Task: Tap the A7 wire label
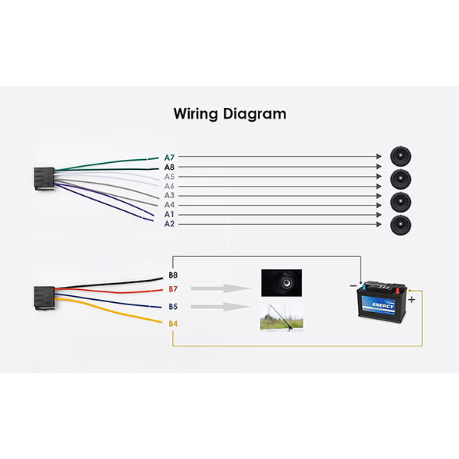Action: [x=169, y=156]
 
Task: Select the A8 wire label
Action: [x=169, y=166]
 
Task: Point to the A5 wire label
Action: [x=169, y=176]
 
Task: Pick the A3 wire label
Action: [x=169, y=195]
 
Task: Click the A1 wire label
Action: [x=169, y=214]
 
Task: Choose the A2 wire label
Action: [x=169, y=224]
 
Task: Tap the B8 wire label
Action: [x=173, y=274]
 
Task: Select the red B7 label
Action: [x=173, y=289]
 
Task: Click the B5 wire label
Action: [x=173, y=307]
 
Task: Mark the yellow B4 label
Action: [x=173, y=324]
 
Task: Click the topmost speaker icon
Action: [x=399, y=156]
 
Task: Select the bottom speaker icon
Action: [x=399, y=224]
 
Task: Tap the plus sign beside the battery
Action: [x=412, y=300]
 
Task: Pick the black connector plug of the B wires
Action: [x=44, y=296]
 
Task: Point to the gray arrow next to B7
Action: [x=220, y=289]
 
